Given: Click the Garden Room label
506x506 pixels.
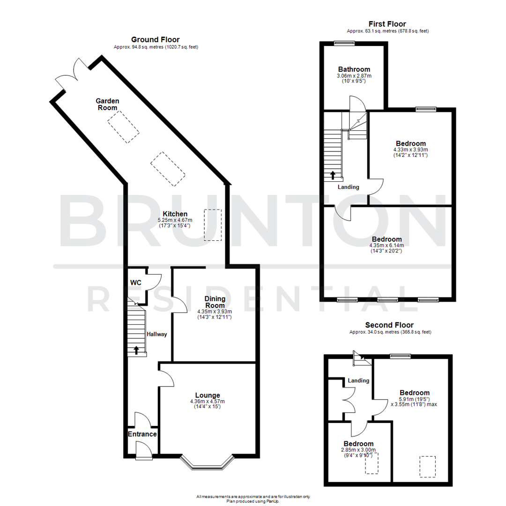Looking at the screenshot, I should [x=107, y=104].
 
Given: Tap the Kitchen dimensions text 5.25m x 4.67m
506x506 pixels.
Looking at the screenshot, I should [x=172, y=220].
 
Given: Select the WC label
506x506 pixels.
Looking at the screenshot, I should [x=135, y=283].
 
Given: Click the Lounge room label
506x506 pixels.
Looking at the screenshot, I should [x=207, y=395].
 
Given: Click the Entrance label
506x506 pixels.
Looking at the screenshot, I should [x=142, y=434].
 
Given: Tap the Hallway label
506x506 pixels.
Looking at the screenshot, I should [x=157, y=334].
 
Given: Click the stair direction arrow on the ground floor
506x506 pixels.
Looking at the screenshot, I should [x=136, y=350].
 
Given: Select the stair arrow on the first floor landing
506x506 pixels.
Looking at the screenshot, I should [x=333, y=176].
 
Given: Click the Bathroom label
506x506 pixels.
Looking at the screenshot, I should [x=354, y=69].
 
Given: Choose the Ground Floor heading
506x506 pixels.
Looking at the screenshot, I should [x=155, y=39].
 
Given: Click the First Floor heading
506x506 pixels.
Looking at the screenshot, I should [x=387, y=24].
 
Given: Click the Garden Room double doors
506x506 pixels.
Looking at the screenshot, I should [x=69, y=73].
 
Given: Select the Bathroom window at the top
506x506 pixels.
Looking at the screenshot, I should [x=344, y=43].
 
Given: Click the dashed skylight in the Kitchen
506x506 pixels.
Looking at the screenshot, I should [x=213, y=225].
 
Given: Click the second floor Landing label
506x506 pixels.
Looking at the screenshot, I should [x=358, y=380].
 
